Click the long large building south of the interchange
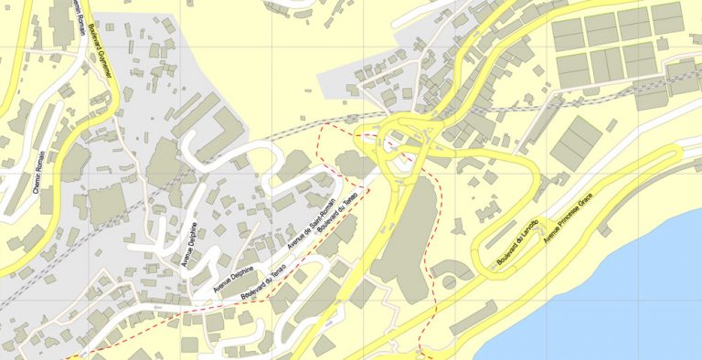point(402,238)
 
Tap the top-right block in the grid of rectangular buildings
point(667,16)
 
